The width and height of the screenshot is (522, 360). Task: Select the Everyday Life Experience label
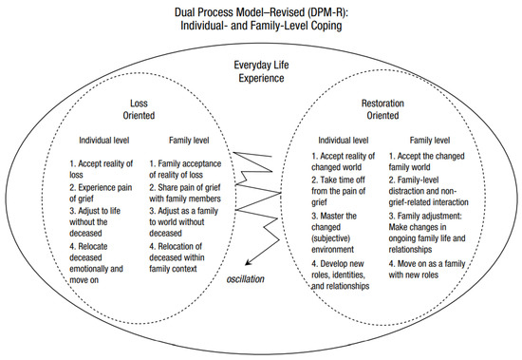(x=260, y=72)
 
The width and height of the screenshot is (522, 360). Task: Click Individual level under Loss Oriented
(x=107, y=142)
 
